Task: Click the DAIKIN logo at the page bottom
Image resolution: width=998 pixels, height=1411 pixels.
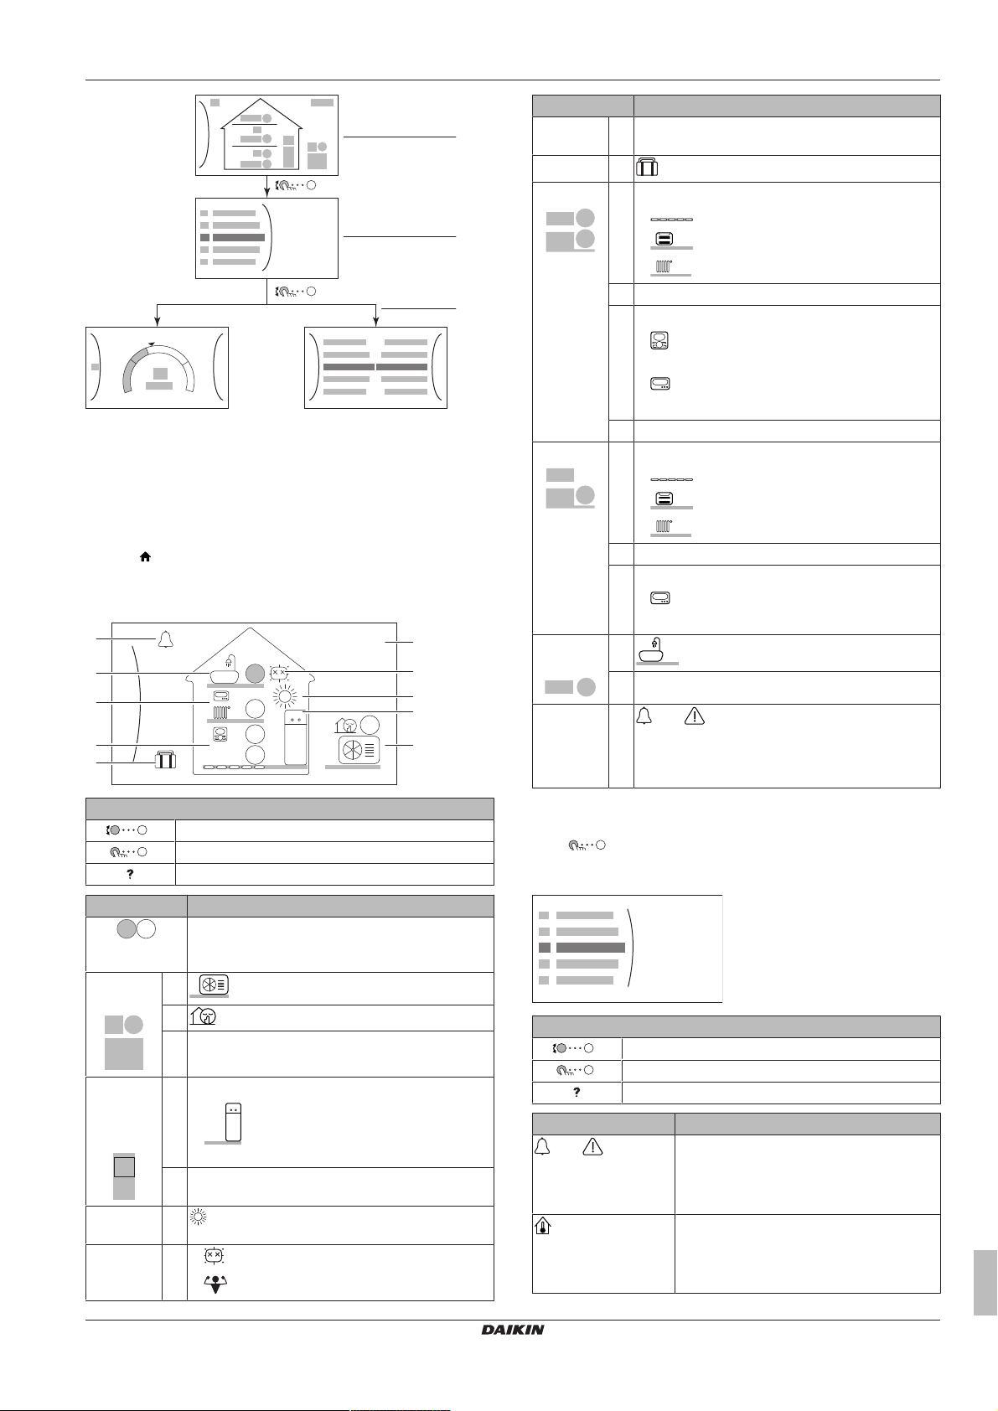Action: pyautogui.click(x=513, y=1330)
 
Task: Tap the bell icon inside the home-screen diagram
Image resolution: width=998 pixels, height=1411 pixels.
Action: pyautogui.click(x=165, y=639)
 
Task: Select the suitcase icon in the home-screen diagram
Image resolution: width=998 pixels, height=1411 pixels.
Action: pyautogui.click(x=165, y=761)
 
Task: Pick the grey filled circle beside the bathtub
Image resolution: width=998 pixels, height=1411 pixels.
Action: pyautogui.click(x=255, y=672)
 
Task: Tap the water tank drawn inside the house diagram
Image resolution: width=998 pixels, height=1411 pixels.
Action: pyautogui.click(x=294, y=738)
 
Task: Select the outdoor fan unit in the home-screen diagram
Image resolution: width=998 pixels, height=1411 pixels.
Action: pyautogui.click(x=358, y=749)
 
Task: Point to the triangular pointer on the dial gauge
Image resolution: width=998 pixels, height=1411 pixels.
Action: pyautogui.click(x=151, y=344)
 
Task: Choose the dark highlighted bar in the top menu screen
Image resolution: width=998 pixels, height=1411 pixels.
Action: pyautogui.click(x=239, y=238)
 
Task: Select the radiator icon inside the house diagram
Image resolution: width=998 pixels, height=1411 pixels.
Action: pyautogui.click(x=221, y=714)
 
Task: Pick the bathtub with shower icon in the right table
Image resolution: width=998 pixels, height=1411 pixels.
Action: pyautogui.click(x=657, y=651)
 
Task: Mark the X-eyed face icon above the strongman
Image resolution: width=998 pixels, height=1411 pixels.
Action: pyautogui.click(x=214, y=1257)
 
